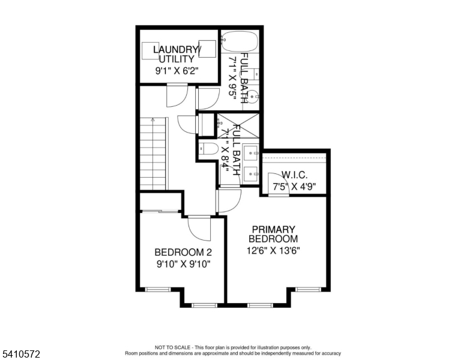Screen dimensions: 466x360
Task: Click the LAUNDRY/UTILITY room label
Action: tap(177, 54)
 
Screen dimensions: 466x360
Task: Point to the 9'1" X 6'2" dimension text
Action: tap(177, 71)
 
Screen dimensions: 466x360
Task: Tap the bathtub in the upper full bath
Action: tap(239, 41)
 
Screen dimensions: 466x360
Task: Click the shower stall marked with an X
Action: tap(238, 125)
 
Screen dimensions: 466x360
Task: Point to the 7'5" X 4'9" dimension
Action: tap(294, 187)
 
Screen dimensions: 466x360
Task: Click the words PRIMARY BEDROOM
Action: tap(273, 234)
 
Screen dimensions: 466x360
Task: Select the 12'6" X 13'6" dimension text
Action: tap(273, 251)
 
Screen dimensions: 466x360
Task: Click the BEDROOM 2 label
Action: tap(183, 253)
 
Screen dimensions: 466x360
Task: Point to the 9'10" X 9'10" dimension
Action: tap(183, 264)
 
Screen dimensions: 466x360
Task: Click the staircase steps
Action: tap(153, 154)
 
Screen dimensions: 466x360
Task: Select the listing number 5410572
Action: tap(21, 354)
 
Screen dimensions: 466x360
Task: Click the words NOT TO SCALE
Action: tap(172, 347)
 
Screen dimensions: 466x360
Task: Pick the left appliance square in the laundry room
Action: tap(150, 51)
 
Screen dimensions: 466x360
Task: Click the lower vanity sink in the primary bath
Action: tap(250, 173)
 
